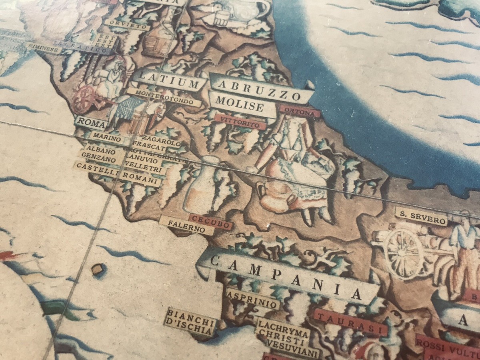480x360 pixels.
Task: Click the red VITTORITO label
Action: [x=240, y=122]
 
